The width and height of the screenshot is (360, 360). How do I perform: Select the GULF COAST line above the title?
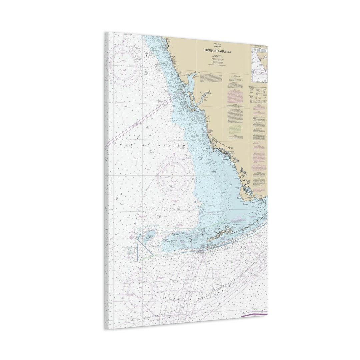click(217, 47)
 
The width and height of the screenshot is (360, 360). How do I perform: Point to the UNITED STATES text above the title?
click(217, 44)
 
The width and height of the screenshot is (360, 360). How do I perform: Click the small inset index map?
click(259, 64)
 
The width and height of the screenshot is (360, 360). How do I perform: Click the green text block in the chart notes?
click(235, 129)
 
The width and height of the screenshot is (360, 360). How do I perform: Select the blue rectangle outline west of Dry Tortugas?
click(136, 252)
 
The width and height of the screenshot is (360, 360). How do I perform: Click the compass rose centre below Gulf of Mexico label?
click(173, 176)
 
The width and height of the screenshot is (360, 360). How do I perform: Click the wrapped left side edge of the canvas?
click(107, 180)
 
